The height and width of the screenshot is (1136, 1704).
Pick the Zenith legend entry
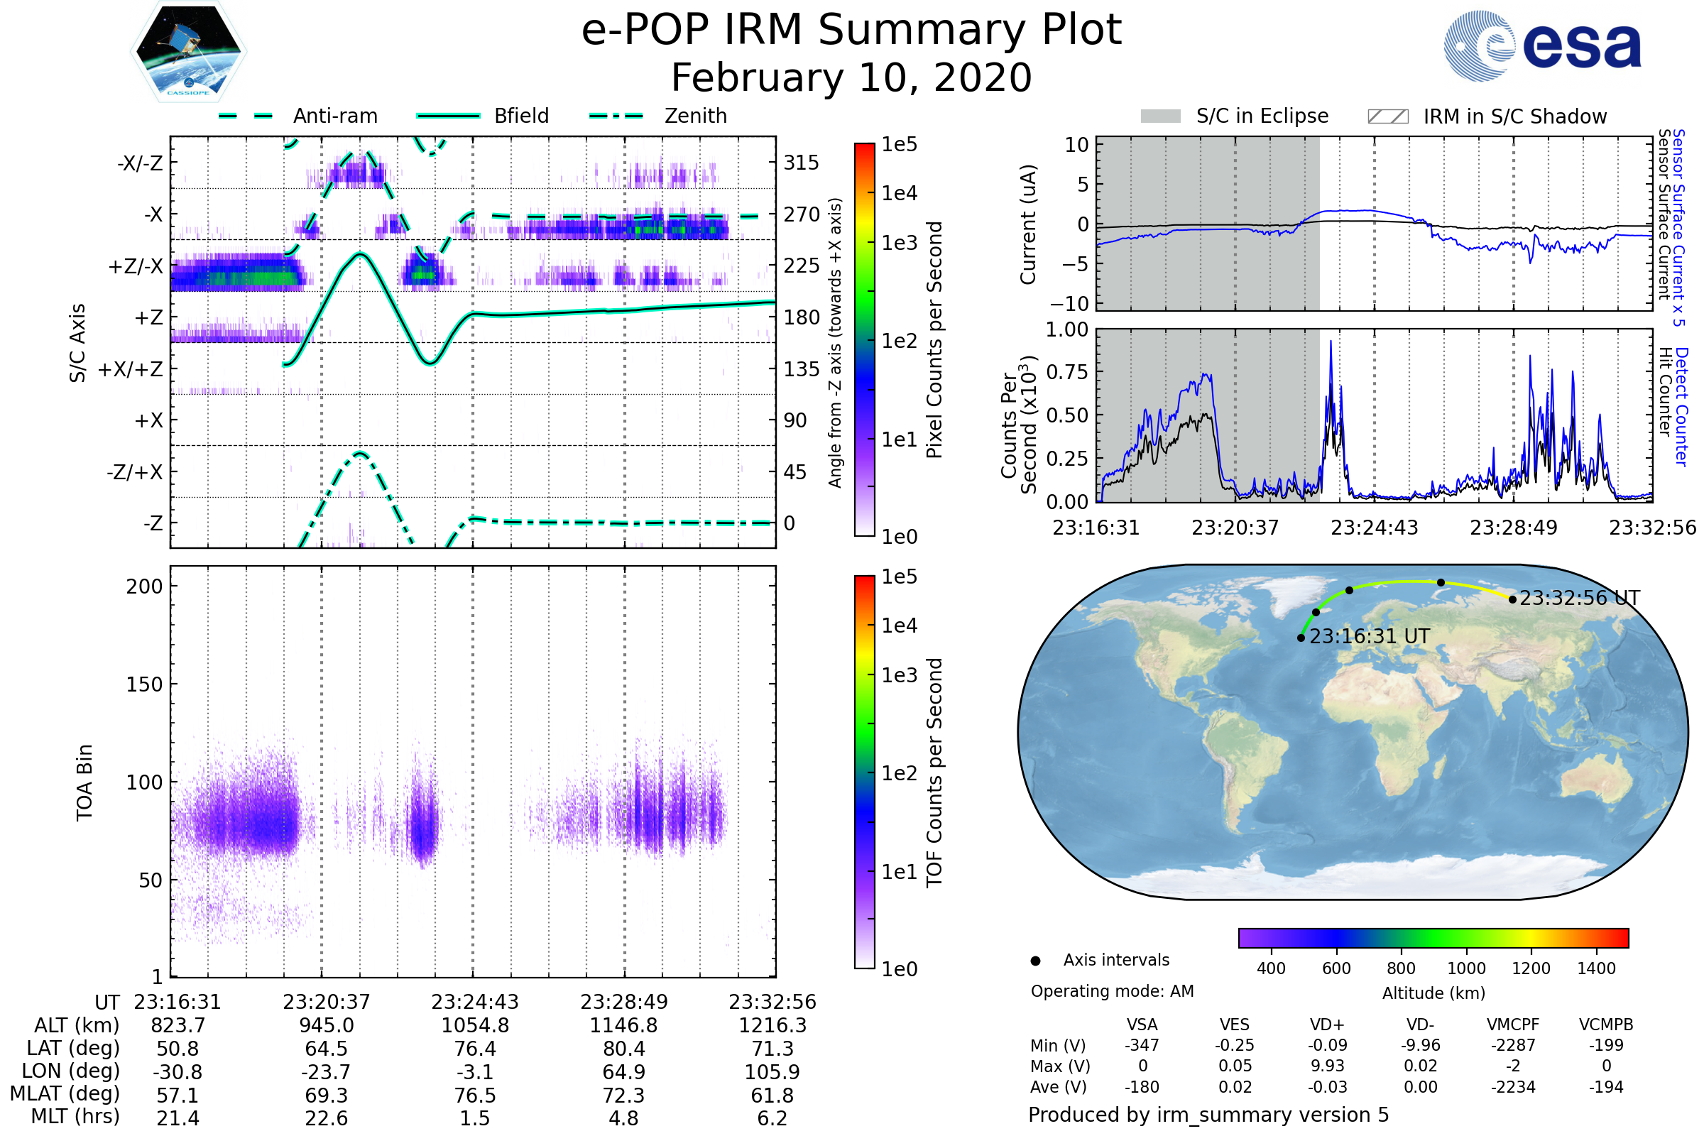658,116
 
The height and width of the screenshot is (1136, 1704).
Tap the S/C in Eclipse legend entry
1235,116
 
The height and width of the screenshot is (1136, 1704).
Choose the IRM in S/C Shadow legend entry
1487,116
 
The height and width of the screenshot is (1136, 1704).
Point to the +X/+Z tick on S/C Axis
131,369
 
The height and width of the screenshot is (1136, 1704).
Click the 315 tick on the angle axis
801,163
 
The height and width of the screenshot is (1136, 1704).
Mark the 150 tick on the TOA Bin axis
144,684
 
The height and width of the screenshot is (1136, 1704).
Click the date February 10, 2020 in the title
851,77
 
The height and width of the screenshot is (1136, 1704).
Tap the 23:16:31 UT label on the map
1370,636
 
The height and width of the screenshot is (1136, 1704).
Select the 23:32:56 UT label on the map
1579,598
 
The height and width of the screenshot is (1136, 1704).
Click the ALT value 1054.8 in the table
475,1025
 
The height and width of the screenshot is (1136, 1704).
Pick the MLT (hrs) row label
75,1116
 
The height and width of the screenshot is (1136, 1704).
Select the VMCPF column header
1513,1025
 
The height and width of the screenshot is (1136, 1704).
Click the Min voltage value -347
1142,1044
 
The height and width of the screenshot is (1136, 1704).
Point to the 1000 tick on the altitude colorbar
1465,968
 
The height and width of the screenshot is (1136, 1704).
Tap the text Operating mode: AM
1112,991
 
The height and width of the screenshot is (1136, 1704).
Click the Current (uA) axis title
1028,224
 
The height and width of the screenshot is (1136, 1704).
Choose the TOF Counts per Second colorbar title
934,772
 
